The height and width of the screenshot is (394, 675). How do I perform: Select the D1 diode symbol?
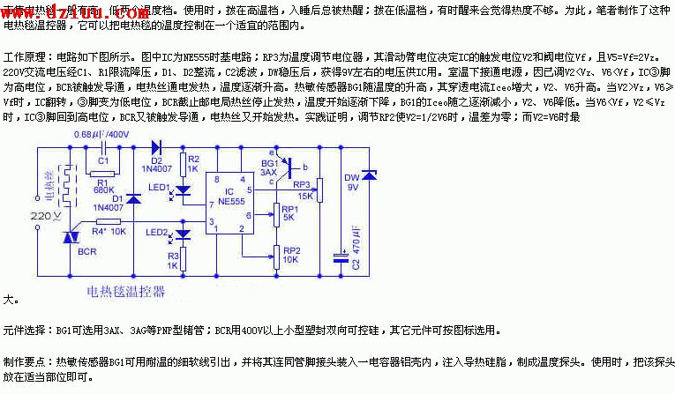point(133,199)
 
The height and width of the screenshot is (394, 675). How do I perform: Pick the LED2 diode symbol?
point(184,234)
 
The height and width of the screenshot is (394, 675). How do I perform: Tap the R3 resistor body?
point(184,261)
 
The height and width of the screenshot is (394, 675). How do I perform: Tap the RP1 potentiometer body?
point(275,214)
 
